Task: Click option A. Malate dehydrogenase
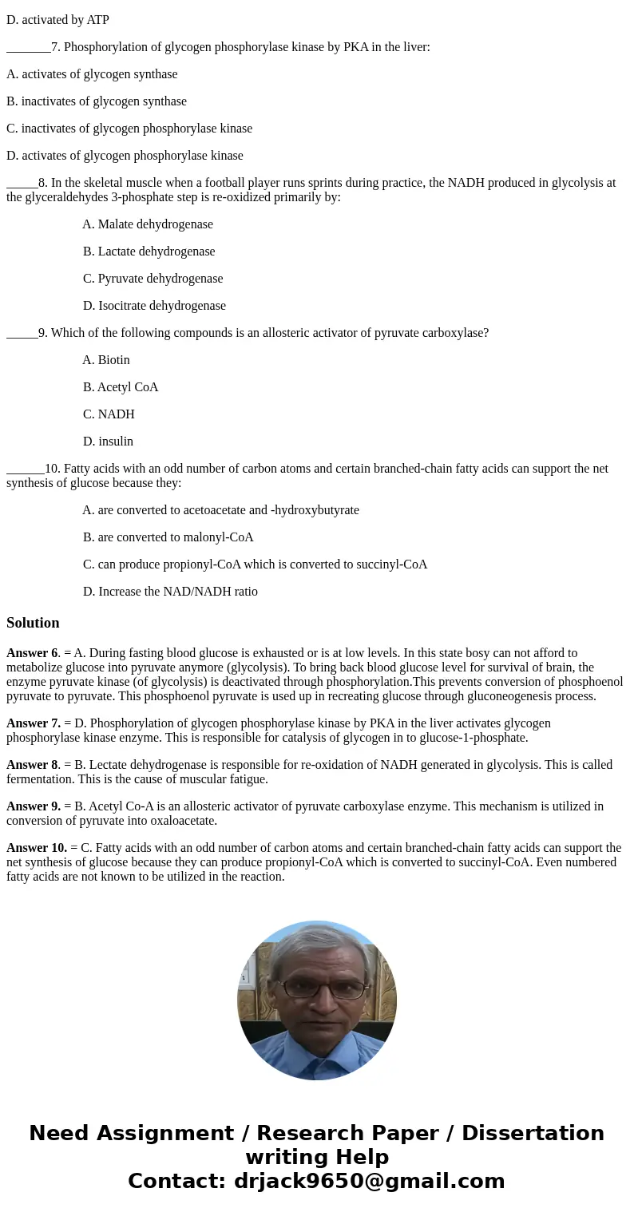click(148, 224)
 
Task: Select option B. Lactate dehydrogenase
click(149, 252)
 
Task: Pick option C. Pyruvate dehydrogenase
click(153, 279)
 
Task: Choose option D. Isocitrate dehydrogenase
click(154, 306)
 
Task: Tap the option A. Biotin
click(106, 360)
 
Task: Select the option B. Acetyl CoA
click(121, 387)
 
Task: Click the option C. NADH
click(109, 414)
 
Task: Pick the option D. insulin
click(108, 442)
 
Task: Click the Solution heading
click(33, 623)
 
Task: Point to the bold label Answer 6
click(32, 653)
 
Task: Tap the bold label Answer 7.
click(33, 723)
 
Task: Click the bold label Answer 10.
click(36, 848)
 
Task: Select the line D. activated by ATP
click(57, 20)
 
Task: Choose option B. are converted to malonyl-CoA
click(168, 537)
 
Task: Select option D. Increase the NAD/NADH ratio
click(170, 592)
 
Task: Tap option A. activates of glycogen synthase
click(92, 74)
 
